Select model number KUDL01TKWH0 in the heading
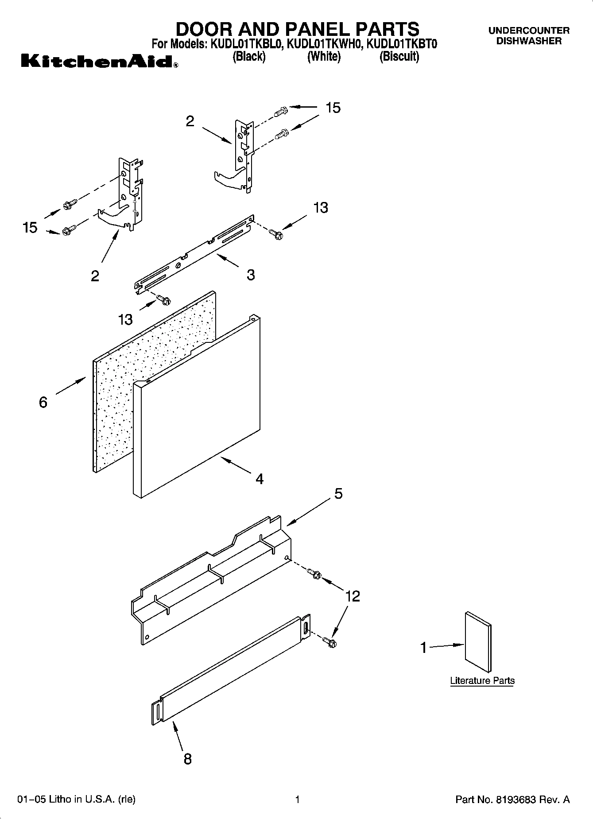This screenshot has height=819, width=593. [325, 44]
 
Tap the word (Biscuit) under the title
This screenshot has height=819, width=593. [399, 57]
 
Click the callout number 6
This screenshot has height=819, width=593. [43, 402]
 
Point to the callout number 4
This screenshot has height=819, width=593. [260, 479]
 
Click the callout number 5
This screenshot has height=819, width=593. [338, 493]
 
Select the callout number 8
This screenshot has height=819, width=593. [187, 759]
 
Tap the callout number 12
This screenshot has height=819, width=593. [353, 596]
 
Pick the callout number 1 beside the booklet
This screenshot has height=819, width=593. [423, 648]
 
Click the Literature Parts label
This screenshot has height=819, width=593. [482, 680]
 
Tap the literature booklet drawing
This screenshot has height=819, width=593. [478, 642]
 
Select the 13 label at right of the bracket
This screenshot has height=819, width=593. [321, 207]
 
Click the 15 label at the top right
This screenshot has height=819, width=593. [333, 108]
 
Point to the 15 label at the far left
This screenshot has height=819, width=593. [30, 228]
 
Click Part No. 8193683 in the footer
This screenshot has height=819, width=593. [512, 800]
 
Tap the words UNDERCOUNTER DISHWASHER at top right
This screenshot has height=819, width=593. [529, 35]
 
